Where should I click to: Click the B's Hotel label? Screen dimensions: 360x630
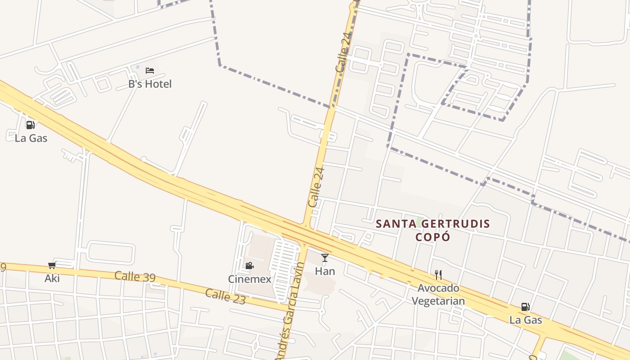pos(150,84)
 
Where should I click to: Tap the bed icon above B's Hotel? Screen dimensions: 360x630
pos(150,71)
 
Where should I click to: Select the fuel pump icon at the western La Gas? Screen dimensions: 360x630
pos(31,125)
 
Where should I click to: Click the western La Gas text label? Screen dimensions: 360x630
pos(31,138)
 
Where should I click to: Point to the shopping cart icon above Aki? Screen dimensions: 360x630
pos(52,265)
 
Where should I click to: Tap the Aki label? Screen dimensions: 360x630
pos(52,279)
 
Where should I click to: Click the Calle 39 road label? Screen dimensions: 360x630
pos(135,276)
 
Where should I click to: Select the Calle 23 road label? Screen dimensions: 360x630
pos(225,296)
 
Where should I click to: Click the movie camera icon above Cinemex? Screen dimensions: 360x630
pos(249,265)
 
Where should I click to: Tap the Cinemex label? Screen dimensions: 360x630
pos(250,279)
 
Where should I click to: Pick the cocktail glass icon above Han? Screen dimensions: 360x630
pos(325,258)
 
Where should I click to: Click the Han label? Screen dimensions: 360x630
pos(325,271)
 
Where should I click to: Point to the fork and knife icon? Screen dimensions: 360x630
pos(438,274)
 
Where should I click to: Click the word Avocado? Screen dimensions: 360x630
pos(438,288)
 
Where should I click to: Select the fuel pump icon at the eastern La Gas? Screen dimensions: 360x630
pos(525,307)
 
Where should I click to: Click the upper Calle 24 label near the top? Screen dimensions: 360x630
pos(343,53)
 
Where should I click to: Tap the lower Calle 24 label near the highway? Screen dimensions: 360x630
pos(316,187)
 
